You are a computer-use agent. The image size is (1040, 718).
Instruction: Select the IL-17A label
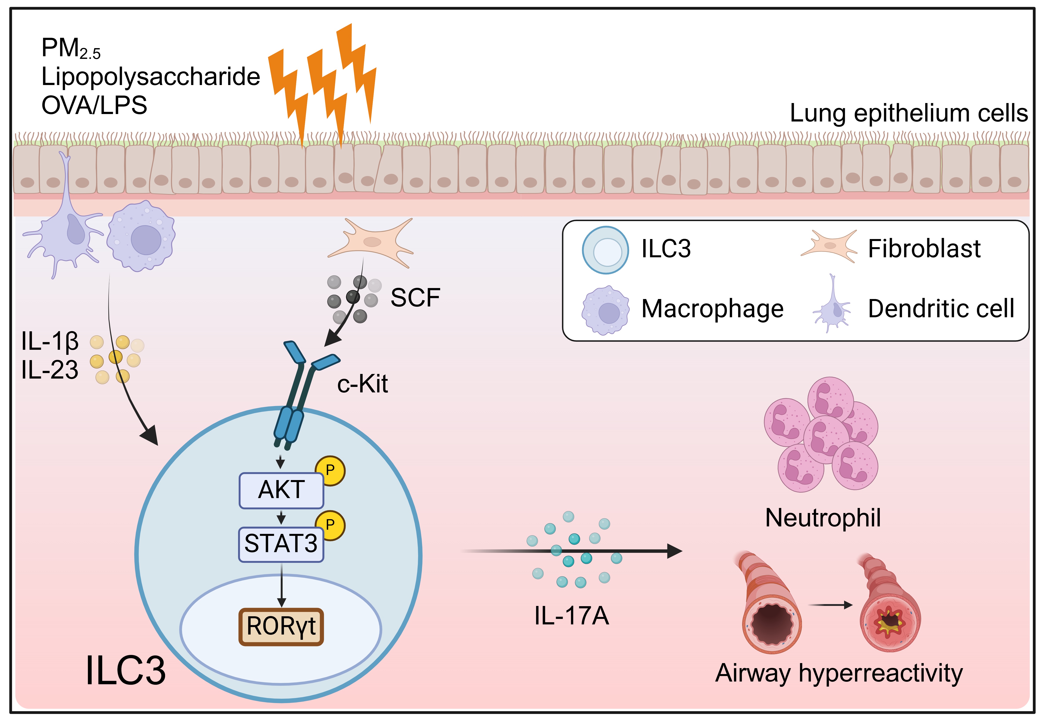pos(572,616)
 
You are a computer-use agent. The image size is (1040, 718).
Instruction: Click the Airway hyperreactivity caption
pos(839,673)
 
